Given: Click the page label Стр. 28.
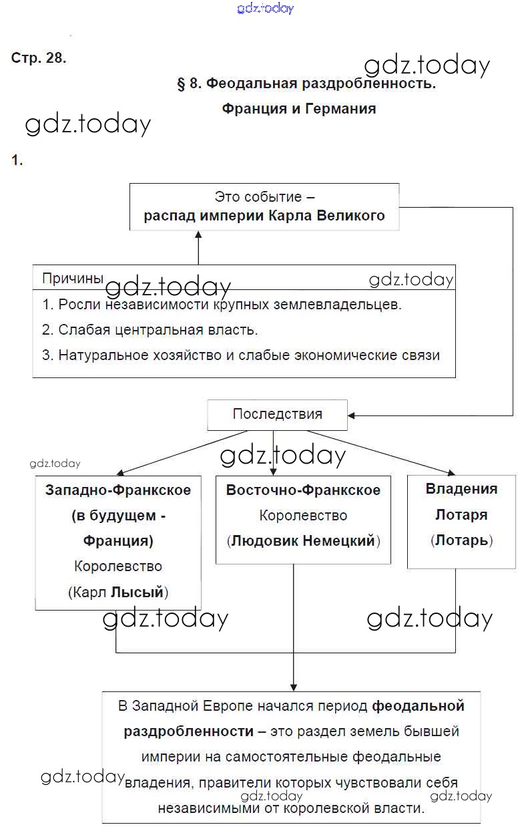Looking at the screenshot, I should [39, 57].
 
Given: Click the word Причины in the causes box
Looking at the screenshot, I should [73, 279].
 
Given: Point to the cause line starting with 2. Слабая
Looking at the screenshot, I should [150, 330].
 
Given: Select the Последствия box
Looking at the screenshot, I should [277, 414].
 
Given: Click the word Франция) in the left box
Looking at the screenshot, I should [118, 540].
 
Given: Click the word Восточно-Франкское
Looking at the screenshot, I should [303, 490].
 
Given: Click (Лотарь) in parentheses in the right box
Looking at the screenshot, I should [461, 540].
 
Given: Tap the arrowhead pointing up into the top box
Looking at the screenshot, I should [198, 236].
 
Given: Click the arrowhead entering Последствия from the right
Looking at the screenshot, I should [352, 415].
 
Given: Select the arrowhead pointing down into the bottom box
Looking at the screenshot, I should [294, 686].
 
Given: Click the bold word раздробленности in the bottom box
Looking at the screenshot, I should [189, 731].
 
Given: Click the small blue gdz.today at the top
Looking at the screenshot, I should [265, 9].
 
